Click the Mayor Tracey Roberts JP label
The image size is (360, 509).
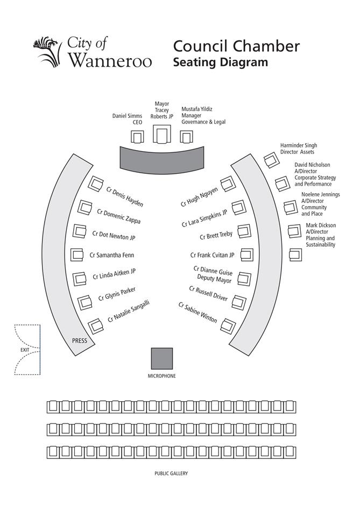161,110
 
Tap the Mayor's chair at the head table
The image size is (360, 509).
161,134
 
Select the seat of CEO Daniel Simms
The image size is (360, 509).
138,137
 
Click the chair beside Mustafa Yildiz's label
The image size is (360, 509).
186,137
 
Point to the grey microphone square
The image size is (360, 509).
161,358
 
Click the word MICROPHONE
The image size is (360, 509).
161,376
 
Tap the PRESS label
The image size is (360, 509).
80,341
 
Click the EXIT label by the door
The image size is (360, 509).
25,350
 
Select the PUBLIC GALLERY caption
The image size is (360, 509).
171,473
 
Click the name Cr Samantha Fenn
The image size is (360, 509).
111,255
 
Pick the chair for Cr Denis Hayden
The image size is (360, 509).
96,184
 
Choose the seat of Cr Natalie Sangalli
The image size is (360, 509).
96,326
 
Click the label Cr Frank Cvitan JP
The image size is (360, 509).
213,255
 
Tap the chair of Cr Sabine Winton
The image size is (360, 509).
228,324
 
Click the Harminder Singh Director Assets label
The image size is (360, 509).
298,149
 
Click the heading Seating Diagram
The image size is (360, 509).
220,62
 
